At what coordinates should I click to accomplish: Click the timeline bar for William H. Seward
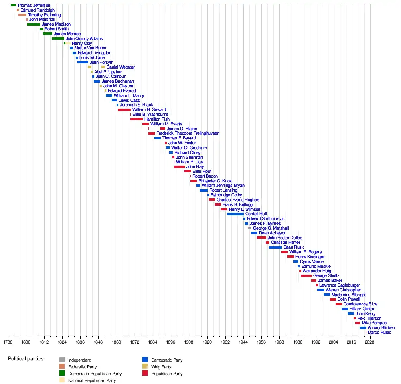click(124, 110)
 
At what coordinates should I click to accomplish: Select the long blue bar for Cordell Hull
click(235, 214)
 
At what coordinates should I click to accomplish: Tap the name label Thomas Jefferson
click(34, 5)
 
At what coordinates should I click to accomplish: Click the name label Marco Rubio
click(379, 333)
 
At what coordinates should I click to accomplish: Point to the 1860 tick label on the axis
click(116, 342)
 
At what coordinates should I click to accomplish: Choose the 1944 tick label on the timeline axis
click(243, 342)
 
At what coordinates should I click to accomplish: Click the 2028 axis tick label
click(370, 342)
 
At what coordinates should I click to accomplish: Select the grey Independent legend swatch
click(62, 360)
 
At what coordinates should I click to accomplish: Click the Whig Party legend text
click(161, 367)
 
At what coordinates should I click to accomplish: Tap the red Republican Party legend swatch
click(145, 374)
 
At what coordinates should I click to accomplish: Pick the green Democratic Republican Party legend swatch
click(62, 374)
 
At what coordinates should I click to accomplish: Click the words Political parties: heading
click(26, 358)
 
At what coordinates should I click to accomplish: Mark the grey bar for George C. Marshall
click(249, 228)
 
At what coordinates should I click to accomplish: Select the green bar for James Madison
click(34, 24)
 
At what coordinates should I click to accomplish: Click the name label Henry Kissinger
click(310, 257)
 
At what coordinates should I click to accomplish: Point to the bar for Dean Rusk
click(275, 247)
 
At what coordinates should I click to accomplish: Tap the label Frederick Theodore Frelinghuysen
click(188, 133)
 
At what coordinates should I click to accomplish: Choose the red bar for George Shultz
click(306, 276)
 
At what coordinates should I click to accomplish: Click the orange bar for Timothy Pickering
click(22, 15)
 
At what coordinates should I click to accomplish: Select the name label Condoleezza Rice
click(360, 304)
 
